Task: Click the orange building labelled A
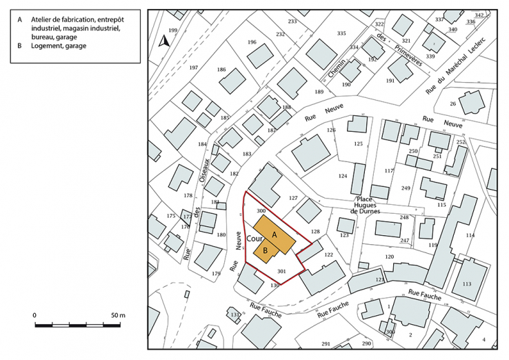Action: (275, 233)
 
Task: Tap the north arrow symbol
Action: (163, 41)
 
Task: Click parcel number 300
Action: (261, 210)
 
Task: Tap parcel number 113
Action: (466, 284)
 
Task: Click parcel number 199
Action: (173, 31)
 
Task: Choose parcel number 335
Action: (341, 33)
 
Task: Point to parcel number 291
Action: (326, 343)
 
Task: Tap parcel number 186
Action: (221, 70)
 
